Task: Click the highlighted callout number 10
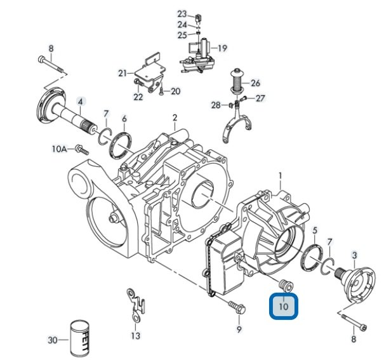pos(284,306)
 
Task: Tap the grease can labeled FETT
pos(80,339)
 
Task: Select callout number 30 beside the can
pos(53,340)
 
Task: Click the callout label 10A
pos(60,149)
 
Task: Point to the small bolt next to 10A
pos(82,150)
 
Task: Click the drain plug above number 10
pos(286,286)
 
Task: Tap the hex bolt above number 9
pos(237,307)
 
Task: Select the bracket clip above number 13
pos(136,304)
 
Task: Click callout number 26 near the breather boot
pos(255,83)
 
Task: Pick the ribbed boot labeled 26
pos(237,81)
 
